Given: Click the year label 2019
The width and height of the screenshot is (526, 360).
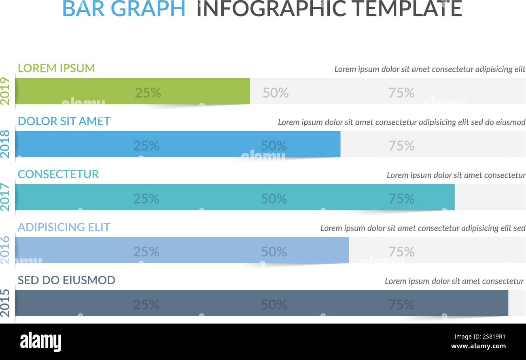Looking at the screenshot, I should pos(5,91).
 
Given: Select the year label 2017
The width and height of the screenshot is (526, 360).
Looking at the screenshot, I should pos(5,197).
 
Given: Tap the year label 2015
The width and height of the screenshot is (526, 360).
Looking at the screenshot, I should pos(5,303).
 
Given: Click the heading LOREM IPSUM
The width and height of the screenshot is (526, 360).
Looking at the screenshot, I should pos(56,68).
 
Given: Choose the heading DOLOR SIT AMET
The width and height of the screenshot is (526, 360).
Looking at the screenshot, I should pos(64,121).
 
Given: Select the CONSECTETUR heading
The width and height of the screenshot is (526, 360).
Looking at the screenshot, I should pos(58,174).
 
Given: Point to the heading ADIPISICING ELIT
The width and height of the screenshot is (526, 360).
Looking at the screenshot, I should pos(64,227).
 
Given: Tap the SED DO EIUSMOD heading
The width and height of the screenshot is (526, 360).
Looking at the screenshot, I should pos(66,280).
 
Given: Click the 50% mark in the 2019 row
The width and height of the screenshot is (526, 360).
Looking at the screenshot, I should pos(276,93).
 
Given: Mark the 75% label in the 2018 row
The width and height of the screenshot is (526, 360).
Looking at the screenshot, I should pos(401,146).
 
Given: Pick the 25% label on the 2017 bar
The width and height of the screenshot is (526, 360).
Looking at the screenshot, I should pos(146,199).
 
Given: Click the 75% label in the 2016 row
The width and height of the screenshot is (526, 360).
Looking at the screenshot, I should pos(401,252).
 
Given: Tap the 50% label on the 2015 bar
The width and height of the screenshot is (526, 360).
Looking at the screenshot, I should pos(274,305).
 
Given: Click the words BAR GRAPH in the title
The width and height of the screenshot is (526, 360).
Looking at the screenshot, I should pos(124,9).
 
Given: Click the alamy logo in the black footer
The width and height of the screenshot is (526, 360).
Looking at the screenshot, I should pos(40,342).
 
